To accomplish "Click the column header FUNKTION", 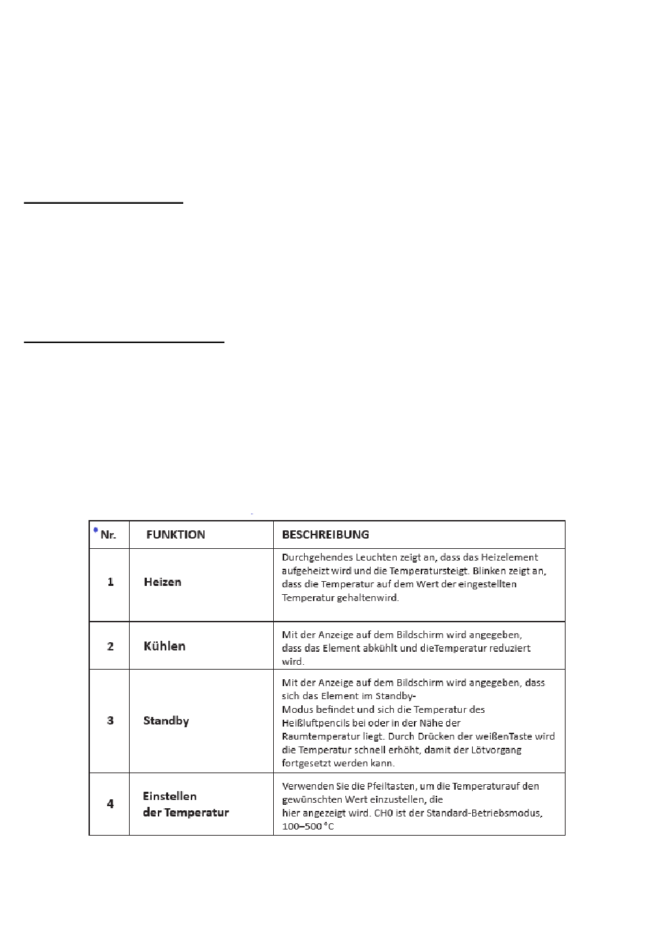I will [176, 534].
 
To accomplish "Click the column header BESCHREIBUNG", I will [325, 534].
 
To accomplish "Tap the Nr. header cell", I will [108, 535].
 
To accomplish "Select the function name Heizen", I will [163, 582].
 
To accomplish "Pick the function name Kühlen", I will [165, 646].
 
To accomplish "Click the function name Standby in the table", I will [166, 720].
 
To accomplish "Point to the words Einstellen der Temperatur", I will [185, 804].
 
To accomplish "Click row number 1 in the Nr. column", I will [110, 582].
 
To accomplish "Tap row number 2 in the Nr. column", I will [110, 646].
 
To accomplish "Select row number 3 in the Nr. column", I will [110, 720].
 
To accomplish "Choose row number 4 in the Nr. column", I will [110, 803].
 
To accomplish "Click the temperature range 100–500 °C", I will [308, 827].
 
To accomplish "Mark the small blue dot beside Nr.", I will [95, 529].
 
